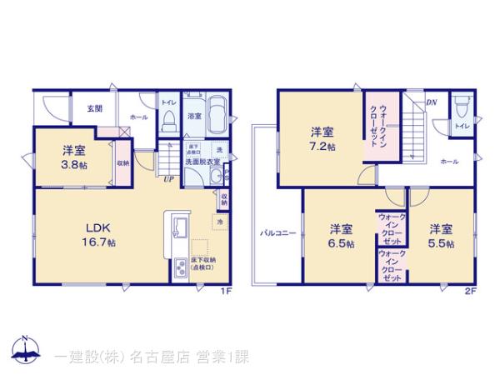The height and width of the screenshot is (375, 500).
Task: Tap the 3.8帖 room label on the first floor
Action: pyautogui.click(x=73, y=157)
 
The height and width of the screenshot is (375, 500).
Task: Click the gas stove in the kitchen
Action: pyautogui.click(x=180, y=269)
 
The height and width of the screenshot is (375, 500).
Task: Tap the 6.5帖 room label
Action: pyautogui.click(x=340, y=235)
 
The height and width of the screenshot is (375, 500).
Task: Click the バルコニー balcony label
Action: pyautogui.click(x=277, y=234)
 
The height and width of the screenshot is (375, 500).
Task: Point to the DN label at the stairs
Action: pyautogui.click(x=431, y=102)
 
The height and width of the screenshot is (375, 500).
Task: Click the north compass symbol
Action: pyautogui.click(x=25, y=350)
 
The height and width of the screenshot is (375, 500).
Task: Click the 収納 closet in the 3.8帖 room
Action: pyautogui.click(x=122, y=163)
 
